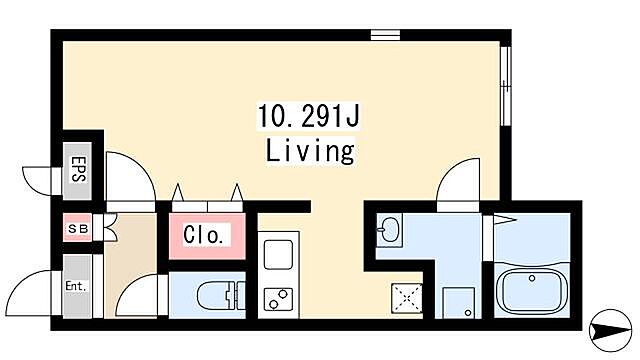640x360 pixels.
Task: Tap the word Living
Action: [x=309, y=151]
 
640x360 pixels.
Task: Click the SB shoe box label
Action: [x=76, y=230]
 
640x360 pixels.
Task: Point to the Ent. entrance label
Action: [x=76, y=287]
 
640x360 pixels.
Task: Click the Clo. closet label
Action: [x=208, y=237]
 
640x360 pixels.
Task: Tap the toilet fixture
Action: [x=218, y=295]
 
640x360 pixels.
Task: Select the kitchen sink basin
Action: [x=277, y=255]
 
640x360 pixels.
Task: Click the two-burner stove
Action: [x=277, y=298]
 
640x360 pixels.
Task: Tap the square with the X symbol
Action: [x=407, y=297]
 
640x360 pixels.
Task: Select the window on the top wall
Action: [x=385, y=36]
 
